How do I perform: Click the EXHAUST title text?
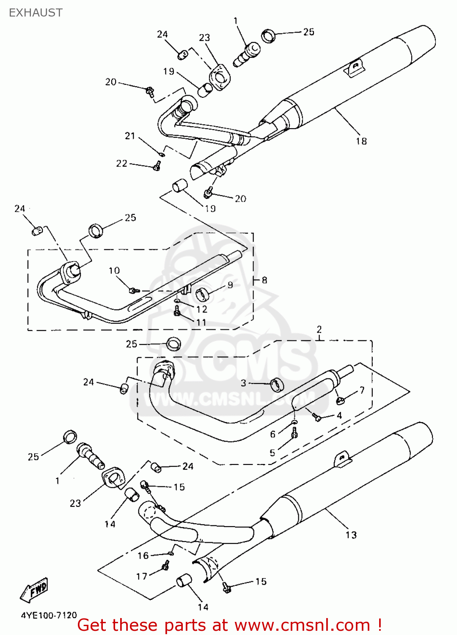click(36, 13)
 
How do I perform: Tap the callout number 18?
click(361, 141)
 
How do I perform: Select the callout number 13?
click(351, 535)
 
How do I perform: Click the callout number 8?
click(264, 280)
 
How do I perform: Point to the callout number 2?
click(319, 329)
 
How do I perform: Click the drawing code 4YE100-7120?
click(49, 615)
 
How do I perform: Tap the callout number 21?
click(130, 136)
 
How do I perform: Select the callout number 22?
click(121, 163)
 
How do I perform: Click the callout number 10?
click(114, 271)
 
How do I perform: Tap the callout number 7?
click(362, 390)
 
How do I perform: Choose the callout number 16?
click(143, 555)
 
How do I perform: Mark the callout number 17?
click(142, 576)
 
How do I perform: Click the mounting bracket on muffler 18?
click(355, 67)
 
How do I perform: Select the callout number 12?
click(202, 309)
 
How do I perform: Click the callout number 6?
click(273, 434)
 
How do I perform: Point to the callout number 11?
click(201, 323)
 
